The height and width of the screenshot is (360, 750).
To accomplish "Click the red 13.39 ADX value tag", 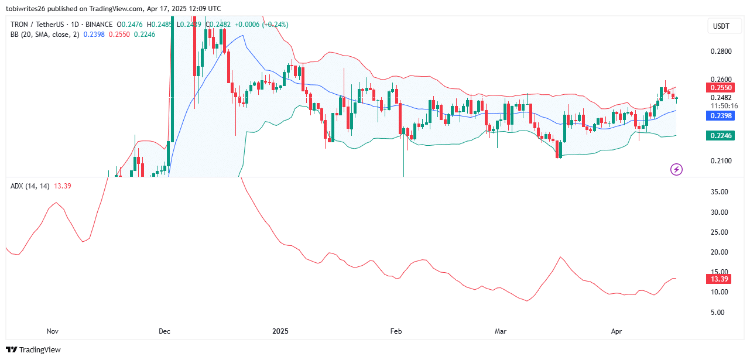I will click(x=720, y=279).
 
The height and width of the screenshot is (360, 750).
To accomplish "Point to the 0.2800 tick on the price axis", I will click(x=721, y=52).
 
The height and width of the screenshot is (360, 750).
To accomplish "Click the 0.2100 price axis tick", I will click(x=721, y=160).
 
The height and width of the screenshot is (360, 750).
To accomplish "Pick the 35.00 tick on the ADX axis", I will click(x=720, y=192).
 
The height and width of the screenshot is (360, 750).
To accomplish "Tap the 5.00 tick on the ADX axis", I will click(x=720, y=312).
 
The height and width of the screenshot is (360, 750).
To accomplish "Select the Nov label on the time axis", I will click(x=53, y=331).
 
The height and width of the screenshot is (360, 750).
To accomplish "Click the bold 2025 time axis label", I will click(x=281, y=331).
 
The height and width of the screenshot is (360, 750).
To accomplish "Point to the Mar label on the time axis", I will click(x=501, y=331).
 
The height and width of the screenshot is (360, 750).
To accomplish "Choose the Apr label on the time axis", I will click(x=617, y=331).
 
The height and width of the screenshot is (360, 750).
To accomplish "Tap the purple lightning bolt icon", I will click(x=676, y=170).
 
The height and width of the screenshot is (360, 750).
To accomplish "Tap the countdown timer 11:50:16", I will click(x=724, y=106).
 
